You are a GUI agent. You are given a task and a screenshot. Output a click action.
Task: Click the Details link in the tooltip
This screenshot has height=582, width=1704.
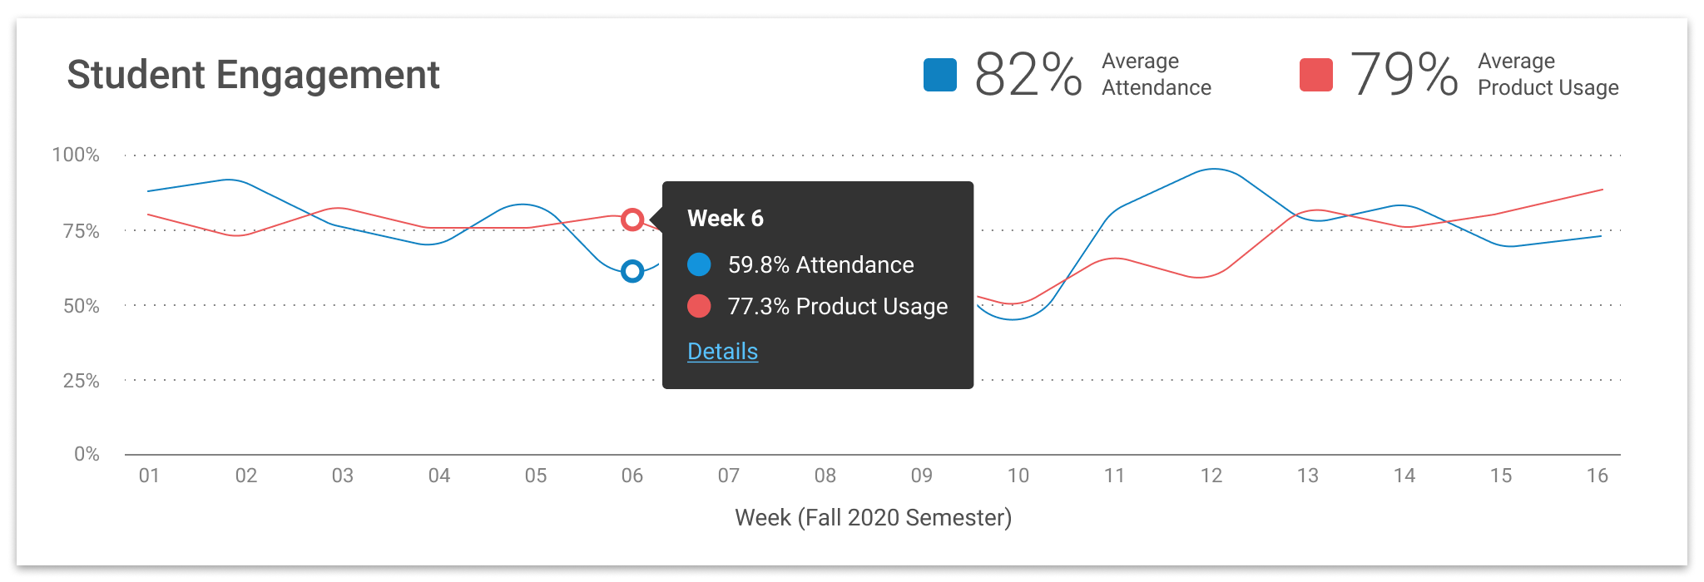coord(722,352)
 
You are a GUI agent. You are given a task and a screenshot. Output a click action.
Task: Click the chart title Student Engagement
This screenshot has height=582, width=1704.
coord(253,75)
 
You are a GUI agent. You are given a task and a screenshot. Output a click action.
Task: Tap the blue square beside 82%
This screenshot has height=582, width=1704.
coord(940,75)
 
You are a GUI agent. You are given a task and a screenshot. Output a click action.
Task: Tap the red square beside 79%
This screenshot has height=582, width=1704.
coord(1316,75)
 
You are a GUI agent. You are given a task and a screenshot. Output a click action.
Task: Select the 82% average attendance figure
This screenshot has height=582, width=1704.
coord(1028,75)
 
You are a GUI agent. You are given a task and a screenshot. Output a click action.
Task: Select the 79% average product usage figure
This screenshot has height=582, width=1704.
coord(1404,75)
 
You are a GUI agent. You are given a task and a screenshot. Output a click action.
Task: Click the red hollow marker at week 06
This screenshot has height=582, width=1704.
coord(632,219)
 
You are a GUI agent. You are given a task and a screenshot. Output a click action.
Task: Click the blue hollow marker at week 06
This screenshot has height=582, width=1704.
coord(632,271)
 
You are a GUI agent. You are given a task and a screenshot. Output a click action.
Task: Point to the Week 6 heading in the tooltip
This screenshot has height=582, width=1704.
coord(725,219)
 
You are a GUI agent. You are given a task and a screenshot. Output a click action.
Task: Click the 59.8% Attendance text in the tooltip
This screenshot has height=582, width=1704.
coord(820,265)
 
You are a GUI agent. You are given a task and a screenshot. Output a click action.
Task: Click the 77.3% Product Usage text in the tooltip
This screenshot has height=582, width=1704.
coord(837,307)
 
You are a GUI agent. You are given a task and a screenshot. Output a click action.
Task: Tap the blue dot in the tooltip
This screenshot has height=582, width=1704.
coord(699,265)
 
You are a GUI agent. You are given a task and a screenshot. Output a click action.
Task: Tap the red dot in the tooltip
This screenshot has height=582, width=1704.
coord(699,307)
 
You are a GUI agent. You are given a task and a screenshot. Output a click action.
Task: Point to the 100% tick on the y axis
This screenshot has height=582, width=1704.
coord(76,155)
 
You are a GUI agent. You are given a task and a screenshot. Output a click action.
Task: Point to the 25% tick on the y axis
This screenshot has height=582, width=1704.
coord(81,381)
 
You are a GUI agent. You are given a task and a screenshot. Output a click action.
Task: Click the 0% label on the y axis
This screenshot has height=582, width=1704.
coord(87,454)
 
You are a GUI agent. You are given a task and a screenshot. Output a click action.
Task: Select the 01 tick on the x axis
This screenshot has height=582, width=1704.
coord(149,476)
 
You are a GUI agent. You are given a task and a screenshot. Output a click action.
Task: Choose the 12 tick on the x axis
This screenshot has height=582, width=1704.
coord(1211,476)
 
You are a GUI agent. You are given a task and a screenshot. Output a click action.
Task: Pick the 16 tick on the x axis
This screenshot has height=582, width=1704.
coord(1597,476)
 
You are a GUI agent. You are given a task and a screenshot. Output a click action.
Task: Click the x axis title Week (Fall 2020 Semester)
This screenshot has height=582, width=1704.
coord(873,518)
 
